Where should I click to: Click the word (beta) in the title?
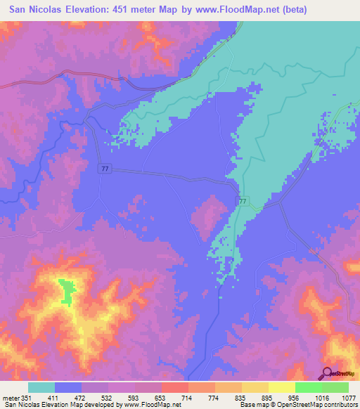(x=335, y=10)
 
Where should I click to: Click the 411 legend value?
(x=54, y=397)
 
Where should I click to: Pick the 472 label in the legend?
(x=82, y=397)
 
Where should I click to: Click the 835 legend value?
(x=242, y=397)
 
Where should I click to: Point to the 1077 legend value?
(x=349, y=397)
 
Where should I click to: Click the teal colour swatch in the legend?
(x=41, y=387)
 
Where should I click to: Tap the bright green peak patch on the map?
(x=67, y=290)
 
